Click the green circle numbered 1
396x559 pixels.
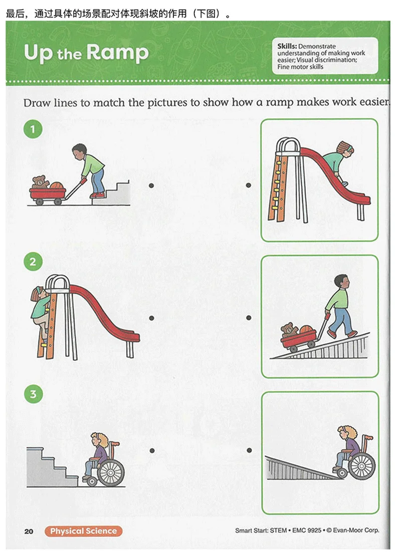coord(33,129)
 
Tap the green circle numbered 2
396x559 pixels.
coord(33,262)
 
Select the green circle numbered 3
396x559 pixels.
coord(33,394)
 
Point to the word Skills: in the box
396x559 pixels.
coord(287,46)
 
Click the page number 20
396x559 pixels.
coord(29,531)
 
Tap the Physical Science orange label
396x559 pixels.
coord(83,531)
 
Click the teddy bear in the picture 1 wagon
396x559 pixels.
coord(40,182)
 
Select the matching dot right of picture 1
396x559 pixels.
coord(151,185)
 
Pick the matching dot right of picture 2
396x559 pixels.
coord(151,318)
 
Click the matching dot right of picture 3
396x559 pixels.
coord(152,451)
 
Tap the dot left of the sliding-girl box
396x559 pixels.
coord(249,185)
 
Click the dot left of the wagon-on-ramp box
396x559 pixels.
coord(249,318)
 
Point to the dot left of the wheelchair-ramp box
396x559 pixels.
coord(249,450)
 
